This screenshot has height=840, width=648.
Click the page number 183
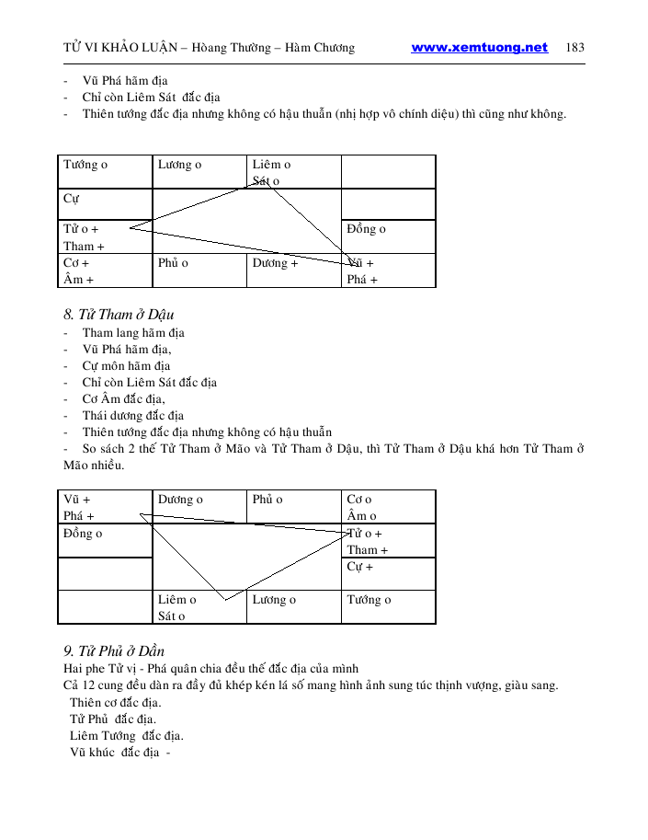pos(575,48)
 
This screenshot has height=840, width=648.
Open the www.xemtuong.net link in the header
pos(479,48)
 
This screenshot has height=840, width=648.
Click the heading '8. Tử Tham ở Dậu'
pos(119,316)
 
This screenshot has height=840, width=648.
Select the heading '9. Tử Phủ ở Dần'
pos(113,651)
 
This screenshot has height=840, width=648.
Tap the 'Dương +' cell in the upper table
pos(275,263)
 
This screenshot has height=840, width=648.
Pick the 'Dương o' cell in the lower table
pos(180,500)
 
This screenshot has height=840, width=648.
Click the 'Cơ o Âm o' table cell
pos(361,508)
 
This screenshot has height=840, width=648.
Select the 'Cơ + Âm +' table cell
pos(78,271)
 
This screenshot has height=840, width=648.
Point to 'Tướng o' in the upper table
pos(85,165)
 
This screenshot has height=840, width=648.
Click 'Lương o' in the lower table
pos(274,600)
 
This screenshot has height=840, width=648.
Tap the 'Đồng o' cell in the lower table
pos(83,534)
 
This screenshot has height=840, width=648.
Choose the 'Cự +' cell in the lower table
pos(359,567)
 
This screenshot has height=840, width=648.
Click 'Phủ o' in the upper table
pos(173,263)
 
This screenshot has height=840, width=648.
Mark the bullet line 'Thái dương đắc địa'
pos(132,416)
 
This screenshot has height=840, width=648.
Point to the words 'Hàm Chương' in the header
pos(321,48)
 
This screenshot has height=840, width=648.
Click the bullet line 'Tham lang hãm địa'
pos(133,333)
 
